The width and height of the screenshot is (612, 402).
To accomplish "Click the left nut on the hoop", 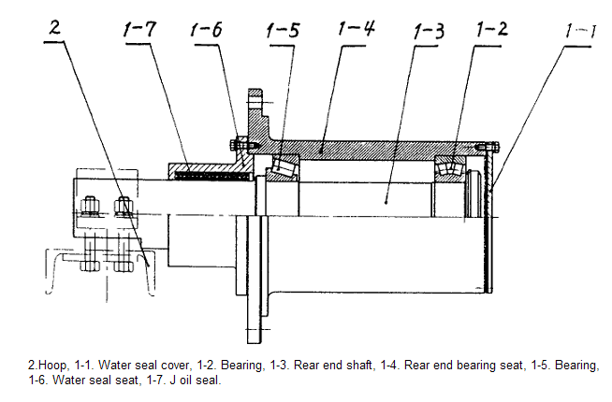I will click(92, 207).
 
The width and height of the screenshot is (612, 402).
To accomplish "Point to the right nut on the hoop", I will click(124, 207).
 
